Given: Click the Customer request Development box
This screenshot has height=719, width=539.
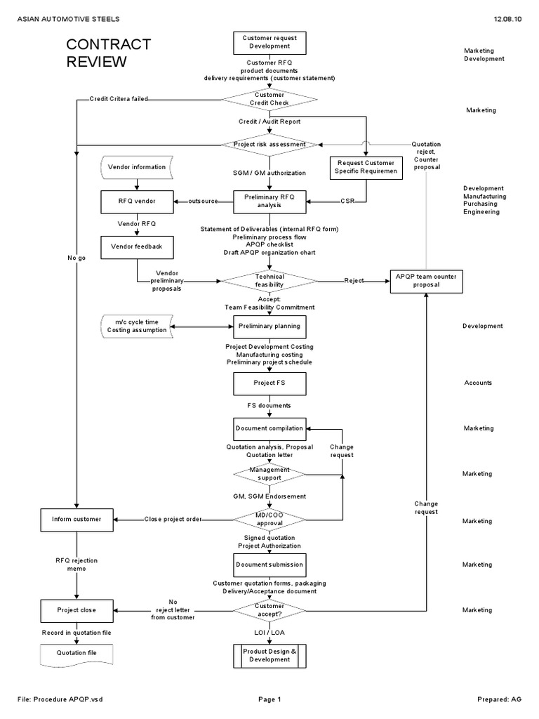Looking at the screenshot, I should coord(269,42).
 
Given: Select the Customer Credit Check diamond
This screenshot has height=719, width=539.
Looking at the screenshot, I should coord(269,99).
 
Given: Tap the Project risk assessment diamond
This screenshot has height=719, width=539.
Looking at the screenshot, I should coord(269,144).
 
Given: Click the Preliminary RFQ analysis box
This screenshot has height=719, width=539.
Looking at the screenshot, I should coord(269,202).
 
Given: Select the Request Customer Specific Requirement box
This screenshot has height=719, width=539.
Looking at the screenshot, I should coord(365,167).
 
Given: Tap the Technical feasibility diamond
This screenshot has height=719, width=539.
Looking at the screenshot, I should coord(269,281).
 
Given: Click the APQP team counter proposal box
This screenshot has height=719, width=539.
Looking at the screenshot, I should coord(426,281).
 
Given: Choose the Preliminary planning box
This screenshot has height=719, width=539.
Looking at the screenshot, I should coord(269,326).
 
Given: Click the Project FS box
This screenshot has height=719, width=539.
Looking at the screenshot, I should coord(269,383).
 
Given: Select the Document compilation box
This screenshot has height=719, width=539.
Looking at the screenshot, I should coord(269,428).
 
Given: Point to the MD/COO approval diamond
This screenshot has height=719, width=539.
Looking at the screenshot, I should coord(269,519).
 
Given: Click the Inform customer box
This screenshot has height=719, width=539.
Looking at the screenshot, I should coord(76,520).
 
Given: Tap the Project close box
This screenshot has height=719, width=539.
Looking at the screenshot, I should coord(76,610).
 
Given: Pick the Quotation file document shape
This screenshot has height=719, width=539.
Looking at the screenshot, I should coord(76,654).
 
